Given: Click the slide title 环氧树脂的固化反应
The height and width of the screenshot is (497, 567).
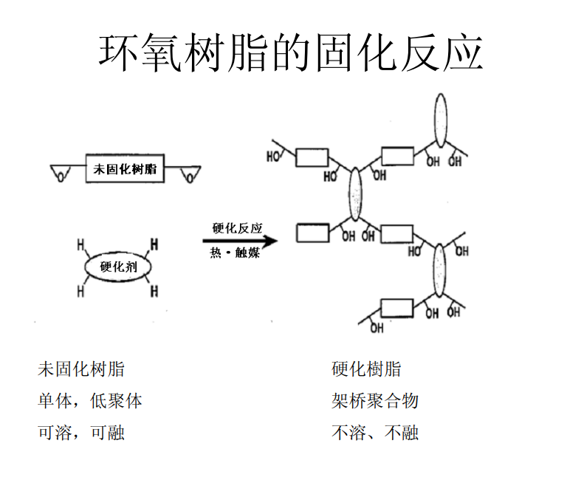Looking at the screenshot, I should click(x=291, y=52).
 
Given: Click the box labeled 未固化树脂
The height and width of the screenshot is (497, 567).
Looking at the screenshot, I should click(x=125, y=169).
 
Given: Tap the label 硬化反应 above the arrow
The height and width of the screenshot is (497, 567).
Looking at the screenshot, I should click(x=237, y=228).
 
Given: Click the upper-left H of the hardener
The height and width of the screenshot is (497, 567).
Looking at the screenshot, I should click(x=80, y=243).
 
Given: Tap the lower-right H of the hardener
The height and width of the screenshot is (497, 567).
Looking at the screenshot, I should click(x=154, y=292).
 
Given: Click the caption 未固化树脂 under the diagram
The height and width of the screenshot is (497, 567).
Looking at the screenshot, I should click(x=81, y=369).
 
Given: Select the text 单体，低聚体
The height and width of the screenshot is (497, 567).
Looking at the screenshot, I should click(x=89, y=401).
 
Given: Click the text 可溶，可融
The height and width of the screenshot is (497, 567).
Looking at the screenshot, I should click(x=81, y=433).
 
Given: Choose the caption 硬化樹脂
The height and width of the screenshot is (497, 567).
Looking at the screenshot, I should click(x=366, y=369).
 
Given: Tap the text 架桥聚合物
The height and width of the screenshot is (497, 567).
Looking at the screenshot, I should click(x=375, y=401).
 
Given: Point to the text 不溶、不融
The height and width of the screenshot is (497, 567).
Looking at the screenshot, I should click(x=375, y=433).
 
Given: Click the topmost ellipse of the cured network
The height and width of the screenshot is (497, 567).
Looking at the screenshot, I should click(x=440, y=120).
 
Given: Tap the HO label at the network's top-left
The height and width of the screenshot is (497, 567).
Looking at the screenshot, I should click(x=274, y=157).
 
